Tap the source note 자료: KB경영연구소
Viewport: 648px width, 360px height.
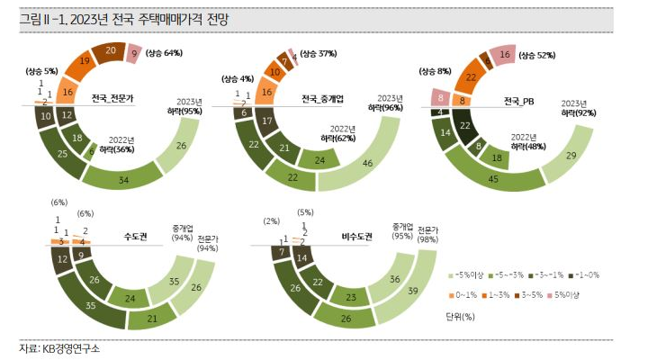pyautogui.click(x=60, y=348)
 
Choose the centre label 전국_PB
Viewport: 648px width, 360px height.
pyautogui.click(x=519, y=99)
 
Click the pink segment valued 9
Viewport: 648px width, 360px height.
pyautogui.click(x=134, y=53)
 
